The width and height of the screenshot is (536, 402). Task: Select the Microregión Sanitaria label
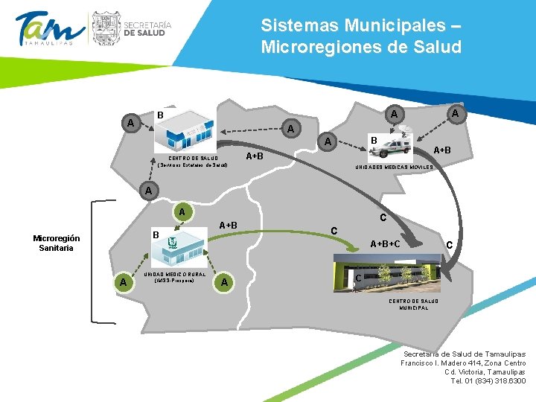[x=57, y=243]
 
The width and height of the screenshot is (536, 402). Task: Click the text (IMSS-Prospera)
[x=174, y=281]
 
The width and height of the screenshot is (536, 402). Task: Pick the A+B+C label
[x=386, y=243]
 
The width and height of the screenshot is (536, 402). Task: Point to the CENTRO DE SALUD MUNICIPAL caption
[x=413, y=304]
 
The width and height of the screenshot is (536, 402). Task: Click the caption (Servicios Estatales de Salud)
[x=193, y=165]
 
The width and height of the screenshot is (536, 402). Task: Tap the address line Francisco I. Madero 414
[x=463, y=363]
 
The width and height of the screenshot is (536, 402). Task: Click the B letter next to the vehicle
[x=374, y=140]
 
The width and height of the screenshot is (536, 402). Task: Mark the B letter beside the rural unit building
[x=156, y=235]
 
